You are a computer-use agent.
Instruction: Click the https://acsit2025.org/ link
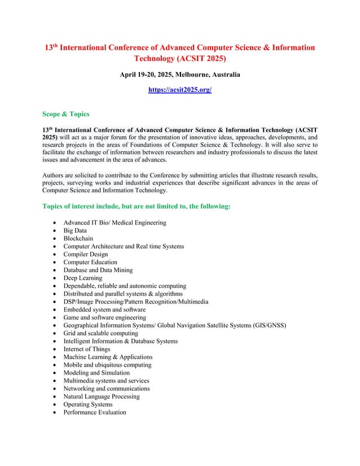[x=179, y=90]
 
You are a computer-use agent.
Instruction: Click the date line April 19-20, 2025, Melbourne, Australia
[x=179, y=74]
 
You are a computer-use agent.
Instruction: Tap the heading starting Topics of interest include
[x=137, y=206]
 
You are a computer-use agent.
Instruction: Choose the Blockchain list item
[x=78, y=239]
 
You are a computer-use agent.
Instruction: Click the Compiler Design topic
[x=87, y=254]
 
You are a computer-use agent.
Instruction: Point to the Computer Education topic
[x=90, y=262]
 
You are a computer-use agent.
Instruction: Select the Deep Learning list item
[x=83, y=278]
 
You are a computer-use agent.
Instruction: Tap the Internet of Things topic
[x=87, y=349]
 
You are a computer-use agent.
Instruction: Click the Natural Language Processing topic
[x=102, y=397]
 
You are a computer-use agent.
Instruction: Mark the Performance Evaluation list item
[x=95, y=412]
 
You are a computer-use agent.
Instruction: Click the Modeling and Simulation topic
[x=96, y=373]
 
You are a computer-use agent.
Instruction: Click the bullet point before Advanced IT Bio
[x=54, y=223]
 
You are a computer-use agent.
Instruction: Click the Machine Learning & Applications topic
[x=108, y=357]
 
